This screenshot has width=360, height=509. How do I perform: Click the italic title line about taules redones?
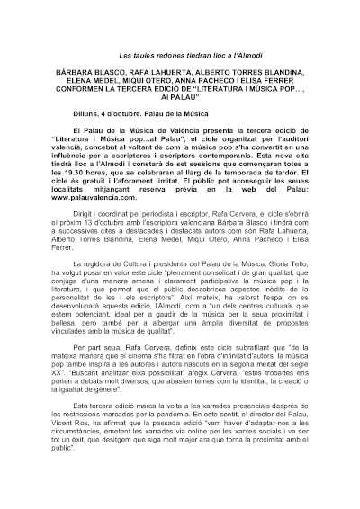[180, 56]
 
